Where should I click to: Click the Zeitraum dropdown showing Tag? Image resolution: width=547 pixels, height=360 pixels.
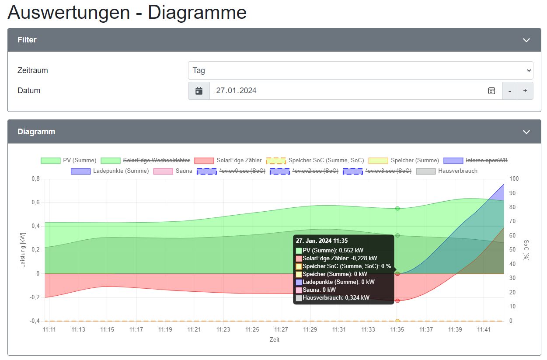360,70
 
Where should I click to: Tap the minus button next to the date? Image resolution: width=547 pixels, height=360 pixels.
509,91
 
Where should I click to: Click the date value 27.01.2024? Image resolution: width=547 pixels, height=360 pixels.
236,91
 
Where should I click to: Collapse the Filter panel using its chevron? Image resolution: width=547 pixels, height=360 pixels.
526,40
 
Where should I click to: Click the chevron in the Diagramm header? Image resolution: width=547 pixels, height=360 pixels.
526,132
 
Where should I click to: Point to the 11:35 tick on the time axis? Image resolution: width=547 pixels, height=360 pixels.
397,329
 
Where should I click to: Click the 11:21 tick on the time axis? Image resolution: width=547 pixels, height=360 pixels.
194,329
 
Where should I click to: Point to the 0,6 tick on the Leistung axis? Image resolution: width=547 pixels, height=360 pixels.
35,203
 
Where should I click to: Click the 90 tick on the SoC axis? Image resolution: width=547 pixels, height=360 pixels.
514,193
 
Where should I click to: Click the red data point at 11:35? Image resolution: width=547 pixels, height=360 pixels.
397,301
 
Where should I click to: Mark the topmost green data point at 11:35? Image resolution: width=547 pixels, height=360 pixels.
397,209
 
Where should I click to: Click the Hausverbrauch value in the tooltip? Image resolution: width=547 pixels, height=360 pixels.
336,298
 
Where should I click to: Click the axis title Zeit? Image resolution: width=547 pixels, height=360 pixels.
274,339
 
